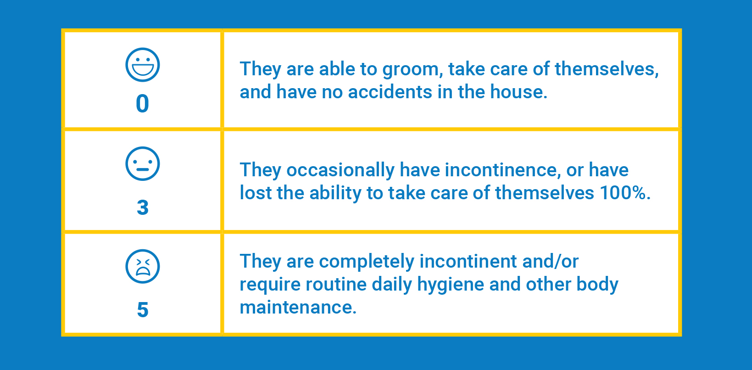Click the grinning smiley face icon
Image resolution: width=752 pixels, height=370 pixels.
point(142,65)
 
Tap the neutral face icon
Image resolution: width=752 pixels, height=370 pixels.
point(142,163)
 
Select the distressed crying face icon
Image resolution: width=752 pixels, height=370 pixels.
point(142,266)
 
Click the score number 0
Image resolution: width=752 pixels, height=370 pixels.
point(142,103)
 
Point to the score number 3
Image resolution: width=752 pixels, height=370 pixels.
point(143,207)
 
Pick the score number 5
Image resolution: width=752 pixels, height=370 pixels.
point(143,309)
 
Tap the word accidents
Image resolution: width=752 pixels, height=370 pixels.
point(390,92)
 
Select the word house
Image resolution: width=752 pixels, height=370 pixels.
point(518,92)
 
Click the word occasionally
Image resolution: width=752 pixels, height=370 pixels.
point(340,170)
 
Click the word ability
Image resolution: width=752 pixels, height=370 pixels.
point(335,194)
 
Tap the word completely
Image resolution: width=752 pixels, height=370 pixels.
point(367,262)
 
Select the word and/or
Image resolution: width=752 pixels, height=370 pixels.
point(551,261)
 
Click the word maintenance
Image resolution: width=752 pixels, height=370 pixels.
point(298,307)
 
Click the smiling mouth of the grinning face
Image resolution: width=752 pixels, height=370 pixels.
point(142,69)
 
